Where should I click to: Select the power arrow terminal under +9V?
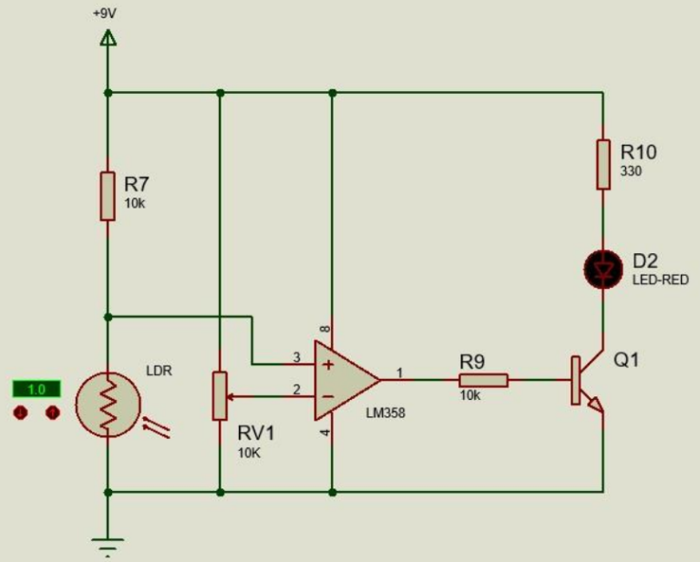click(108, 38)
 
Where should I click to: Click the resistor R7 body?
click(108, 195)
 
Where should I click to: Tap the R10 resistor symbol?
click(602, 164)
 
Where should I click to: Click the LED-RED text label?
click(660, 281)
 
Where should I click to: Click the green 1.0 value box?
click(36, 390)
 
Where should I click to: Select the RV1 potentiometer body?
click(220, 395)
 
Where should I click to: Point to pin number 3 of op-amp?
click(295, 357)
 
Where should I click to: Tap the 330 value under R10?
click(632, 171)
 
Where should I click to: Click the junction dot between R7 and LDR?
click(108, 316)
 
